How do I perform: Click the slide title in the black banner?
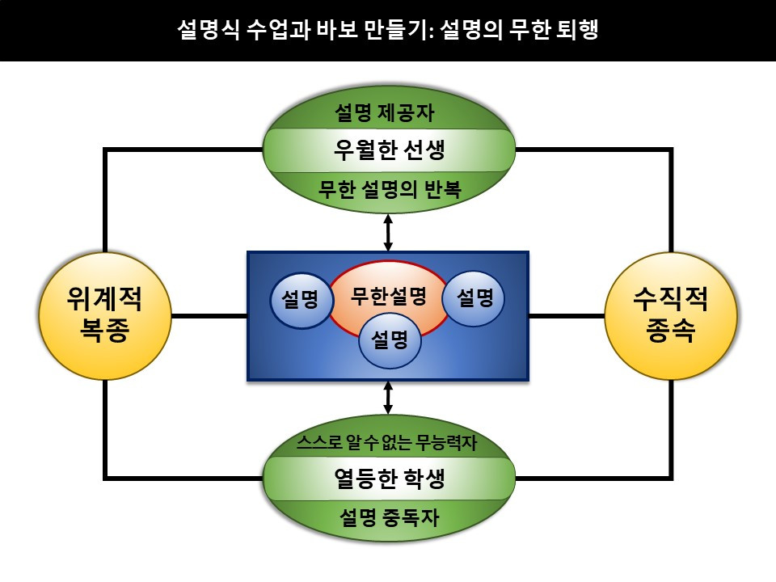tap(388, 31)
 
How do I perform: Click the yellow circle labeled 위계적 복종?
tap(105, 316)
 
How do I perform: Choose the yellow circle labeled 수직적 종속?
tap(671, 316)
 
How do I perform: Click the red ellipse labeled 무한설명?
tap(388, 296)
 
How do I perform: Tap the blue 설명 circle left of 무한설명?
tap(302, 300)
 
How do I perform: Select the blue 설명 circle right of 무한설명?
tap(474, 298)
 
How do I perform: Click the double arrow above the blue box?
tap(389, 232)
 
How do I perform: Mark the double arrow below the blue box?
tap(389, 399)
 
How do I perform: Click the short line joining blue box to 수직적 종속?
tap(567, 315)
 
